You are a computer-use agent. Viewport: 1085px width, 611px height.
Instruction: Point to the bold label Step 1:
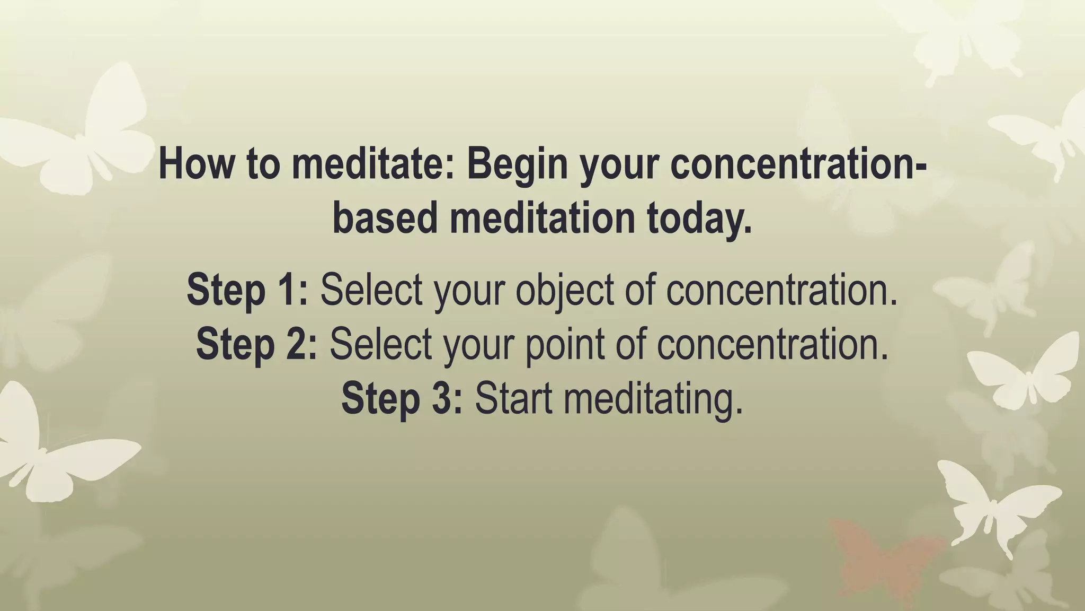pos(247,290)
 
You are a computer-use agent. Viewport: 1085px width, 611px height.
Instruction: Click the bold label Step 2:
pos(256,344)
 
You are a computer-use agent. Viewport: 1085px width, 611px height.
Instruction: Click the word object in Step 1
pos(565,290)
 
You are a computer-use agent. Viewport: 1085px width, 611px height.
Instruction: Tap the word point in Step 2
pos(565,344)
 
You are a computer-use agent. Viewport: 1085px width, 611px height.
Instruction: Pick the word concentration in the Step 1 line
pos(782,290)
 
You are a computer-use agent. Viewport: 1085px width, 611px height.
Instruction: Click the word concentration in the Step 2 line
pos(772,344)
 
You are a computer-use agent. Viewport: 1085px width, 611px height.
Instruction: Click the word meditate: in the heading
pos(373,164)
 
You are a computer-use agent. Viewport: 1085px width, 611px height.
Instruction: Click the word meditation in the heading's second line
pos(542,219)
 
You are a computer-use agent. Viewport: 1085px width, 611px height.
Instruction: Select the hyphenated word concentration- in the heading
pos(798,164)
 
